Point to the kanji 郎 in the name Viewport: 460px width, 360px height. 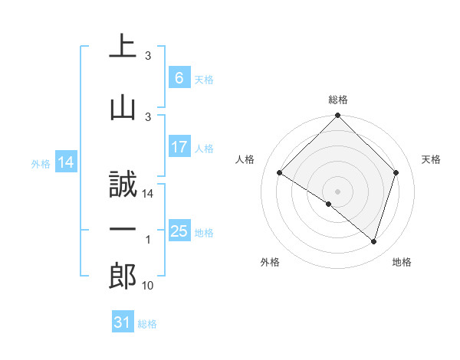pos(123,275)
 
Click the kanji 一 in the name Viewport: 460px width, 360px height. pos(123,230)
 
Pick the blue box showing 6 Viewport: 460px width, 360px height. pos(179,78)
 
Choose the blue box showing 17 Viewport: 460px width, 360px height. pos(179,147)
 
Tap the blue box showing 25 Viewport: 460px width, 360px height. pos(179,231)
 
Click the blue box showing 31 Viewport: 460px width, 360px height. pos(123,322)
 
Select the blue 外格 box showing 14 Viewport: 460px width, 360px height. pos(65,162)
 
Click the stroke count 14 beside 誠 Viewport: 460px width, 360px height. pos(149,194)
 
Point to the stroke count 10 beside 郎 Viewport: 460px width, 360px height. pos(149,286)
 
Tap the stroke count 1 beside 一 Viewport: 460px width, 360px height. pos(148,240)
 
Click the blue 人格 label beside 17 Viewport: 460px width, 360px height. pos(205,148)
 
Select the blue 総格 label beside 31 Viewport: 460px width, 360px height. pos(147,324)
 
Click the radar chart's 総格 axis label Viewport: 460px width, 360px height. pos(337,100)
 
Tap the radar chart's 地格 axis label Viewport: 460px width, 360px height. pos(402,262)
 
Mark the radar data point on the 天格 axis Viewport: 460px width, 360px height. pos(396,173)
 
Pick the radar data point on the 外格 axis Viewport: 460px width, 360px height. pos(329,204)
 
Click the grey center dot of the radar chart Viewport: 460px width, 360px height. pos(337,191)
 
